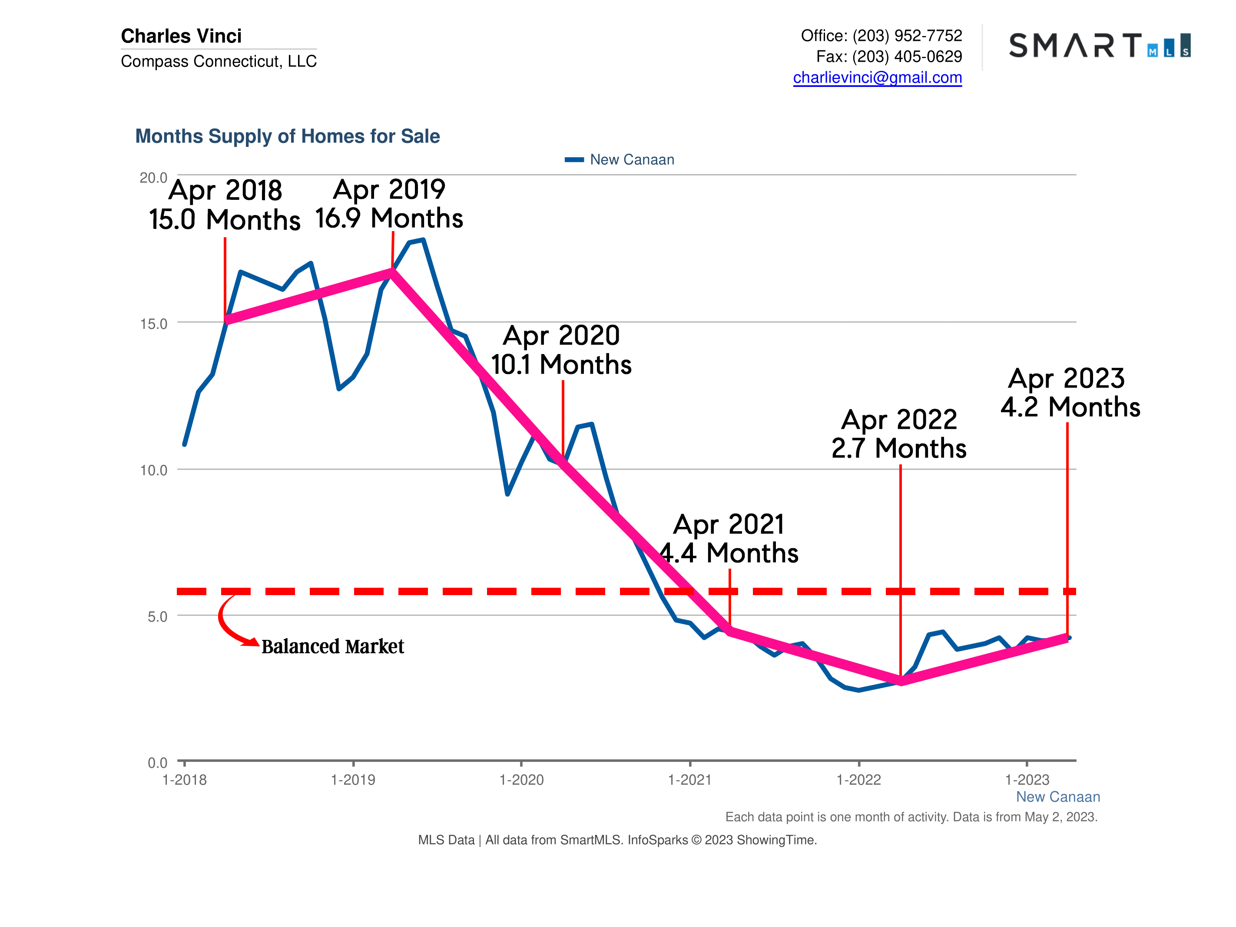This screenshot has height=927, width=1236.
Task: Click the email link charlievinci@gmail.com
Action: [x=877, y=78]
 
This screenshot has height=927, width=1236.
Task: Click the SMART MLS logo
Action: [x=1099, y=45]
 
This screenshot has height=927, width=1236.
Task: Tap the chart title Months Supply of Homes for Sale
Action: [x=287, y=136]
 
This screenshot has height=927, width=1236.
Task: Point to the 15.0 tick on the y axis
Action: [x=154, y=324]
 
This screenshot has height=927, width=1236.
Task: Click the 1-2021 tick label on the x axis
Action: [x=689, y=779]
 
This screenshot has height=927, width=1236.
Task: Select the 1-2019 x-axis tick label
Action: [x=353, y=779]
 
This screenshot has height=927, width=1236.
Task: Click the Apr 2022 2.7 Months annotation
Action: [x=898, y=434]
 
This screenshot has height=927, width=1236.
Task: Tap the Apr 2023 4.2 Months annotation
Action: [x=1070, y=393]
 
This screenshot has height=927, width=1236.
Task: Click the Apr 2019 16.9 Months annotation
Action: [x=389, y=204]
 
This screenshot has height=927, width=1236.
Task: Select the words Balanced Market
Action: [x=332, y=646]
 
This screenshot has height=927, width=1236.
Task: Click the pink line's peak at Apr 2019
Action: [x=392, y=272]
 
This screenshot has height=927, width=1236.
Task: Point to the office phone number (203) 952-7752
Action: [x=907, y=36]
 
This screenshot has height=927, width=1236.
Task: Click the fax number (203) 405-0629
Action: [x=907, y=56]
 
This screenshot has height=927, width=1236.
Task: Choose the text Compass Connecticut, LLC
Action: [x=219, y=61]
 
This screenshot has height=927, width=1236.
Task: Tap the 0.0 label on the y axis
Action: [x=157, y=763]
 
